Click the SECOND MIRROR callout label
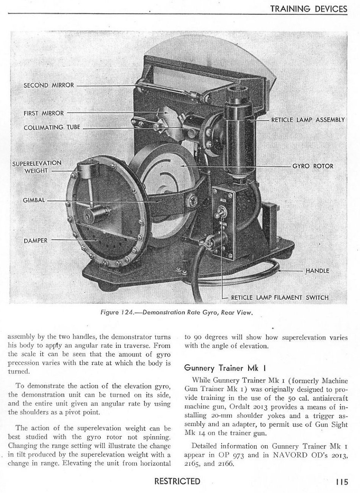(x=49, y=85)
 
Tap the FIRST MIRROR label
(x=44, y=113)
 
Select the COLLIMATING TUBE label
(x=52, y=127)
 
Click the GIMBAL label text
(x=34, y=200)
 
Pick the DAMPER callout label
(x=35, y=240)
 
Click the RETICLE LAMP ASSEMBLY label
(x=307, y=120)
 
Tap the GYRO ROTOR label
(x=313, y=166)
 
